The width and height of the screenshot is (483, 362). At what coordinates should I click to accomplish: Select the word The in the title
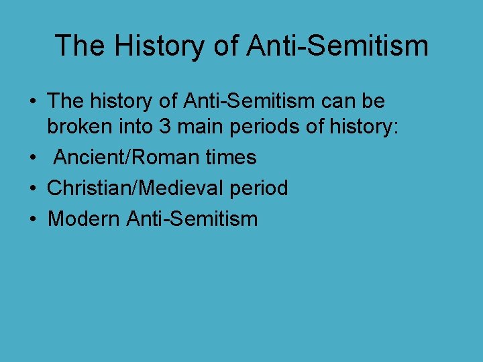pos(78,46)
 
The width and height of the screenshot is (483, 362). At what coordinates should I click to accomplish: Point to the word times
pos(230,158)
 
